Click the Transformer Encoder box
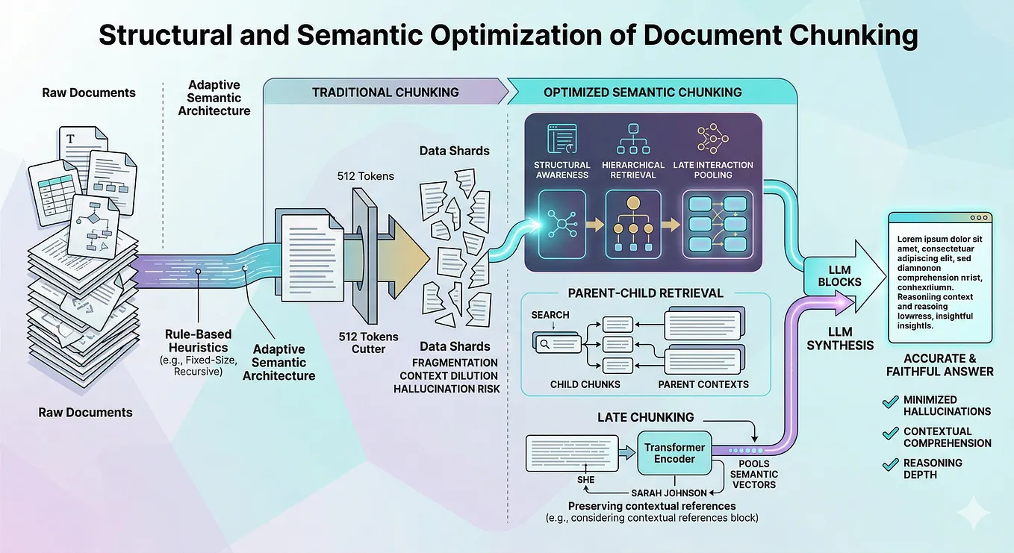point(674,453)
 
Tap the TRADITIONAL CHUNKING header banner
point(385,92)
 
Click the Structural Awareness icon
point(562,138)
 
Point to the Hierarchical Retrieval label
point(633,169)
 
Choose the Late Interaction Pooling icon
point(713,138)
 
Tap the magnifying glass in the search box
point(544,344)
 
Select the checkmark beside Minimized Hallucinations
point(890,402)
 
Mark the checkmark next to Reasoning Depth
point(890,464)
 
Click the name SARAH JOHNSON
point(668,493)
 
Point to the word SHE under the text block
point(585,480)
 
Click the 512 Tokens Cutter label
point(368,343)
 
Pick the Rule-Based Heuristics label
point(199,341)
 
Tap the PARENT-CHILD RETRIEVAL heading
point(646,293)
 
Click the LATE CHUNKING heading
point(646,416)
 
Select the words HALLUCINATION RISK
point(447,389)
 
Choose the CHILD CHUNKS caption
point(585,384)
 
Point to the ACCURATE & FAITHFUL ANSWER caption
point(940,365)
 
